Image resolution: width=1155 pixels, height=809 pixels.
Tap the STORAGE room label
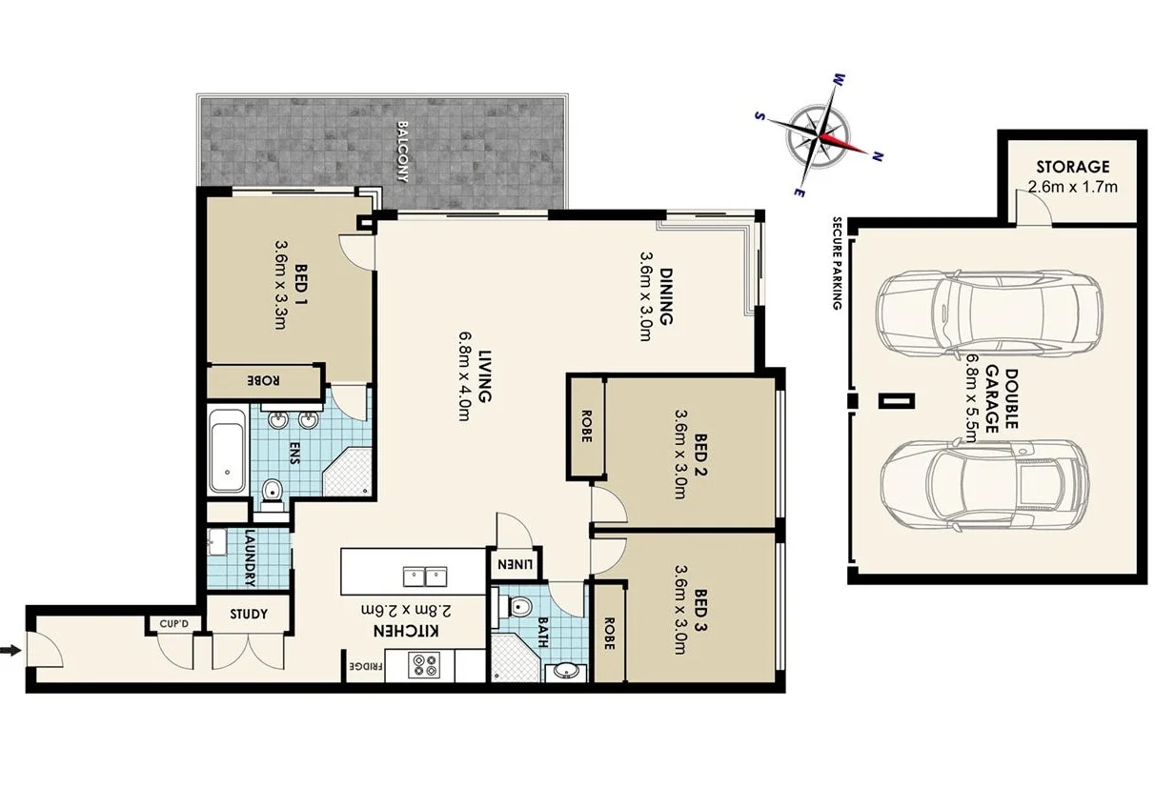click(x=1073, y=166)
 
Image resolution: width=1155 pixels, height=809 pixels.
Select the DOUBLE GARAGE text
click(x=991, y=399)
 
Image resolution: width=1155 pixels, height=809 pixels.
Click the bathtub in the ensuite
click(x=228, y=451)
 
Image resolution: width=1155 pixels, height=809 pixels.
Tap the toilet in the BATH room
click(x=520, y=606)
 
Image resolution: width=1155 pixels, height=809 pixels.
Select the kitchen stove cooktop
click(x=423, y=664)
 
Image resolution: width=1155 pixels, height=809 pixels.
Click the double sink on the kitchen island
click(x=425, y=575)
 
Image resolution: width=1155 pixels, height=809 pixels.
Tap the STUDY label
click(x=249, y=614)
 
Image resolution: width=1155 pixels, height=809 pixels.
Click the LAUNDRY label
click(x=249, y=556)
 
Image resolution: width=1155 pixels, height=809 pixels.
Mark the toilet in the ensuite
click(x=273, y=491)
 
